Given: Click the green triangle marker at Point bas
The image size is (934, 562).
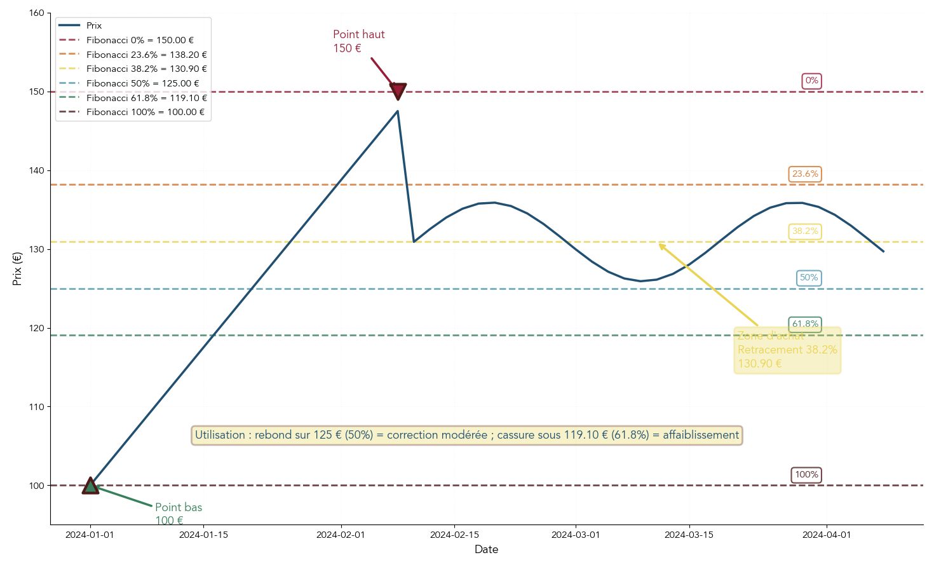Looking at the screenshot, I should [90, 486].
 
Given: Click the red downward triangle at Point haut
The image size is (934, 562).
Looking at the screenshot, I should [398, 90].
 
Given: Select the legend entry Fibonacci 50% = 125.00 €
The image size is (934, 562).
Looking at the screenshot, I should [142, 83].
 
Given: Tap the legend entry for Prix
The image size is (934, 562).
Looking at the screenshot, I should [94, 25].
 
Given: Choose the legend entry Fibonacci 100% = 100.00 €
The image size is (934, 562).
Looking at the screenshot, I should [146, 112].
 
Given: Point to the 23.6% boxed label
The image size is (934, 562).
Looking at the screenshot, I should [805, 174].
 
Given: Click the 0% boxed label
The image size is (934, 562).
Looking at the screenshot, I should [811, 81].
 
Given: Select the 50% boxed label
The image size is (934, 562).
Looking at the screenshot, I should [809, 278].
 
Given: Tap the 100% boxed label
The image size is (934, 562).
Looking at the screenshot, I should [806, 475].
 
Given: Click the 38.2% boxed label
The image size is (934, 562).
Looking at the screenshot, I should [805, 231].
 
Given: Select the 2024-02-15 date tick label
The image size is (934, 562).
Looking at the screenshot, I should [454, 535].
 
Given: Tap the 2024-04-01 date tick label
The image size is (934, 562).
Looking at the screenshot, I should [827, 535].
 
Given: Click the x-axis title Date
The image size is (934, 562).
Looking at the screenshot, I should [486, 549].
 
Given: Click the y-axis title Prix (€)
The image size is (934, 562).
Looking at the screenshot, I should [17, 268].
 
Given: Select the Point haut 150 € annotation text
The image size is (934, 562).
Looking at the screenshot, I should [358, 41].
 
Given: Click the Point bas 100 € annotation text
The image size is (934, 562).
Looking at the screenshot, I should [178, 514].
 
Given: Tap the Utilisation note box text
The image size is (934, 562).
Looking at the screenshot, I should [467, 435].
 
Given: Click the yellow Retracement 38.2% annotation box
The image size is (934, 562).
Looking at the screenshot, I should [787, 350].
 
